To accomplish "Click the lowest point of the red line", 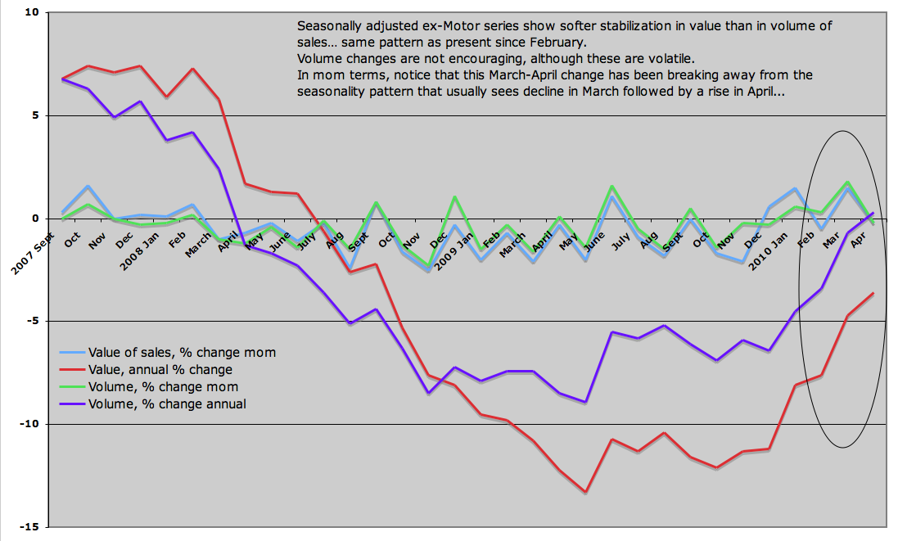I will coord(586,493).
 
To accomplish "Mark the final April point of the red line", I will coord(873,293).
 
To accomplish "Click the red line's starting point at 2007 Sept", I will coord(62,79).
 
